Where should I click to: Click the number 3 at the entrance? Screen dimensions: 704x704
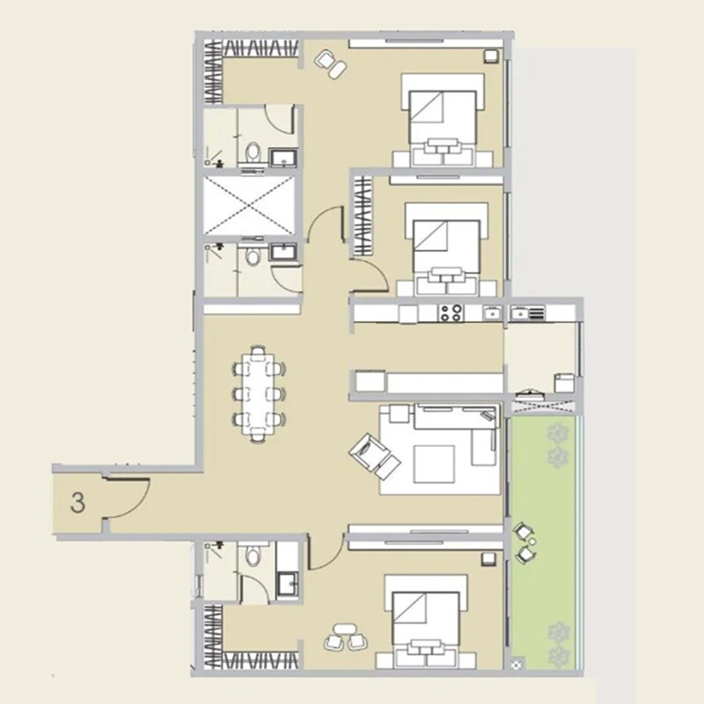(x=78, y=503)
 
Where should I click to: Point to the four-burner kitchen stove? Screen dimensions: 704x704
(x=451, y=312)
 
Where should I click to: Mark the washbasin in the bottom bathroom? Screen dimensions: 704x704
(x=287, y=583)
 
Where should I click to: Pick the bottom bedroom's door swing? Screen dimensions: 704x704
(x=321, y=550)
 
